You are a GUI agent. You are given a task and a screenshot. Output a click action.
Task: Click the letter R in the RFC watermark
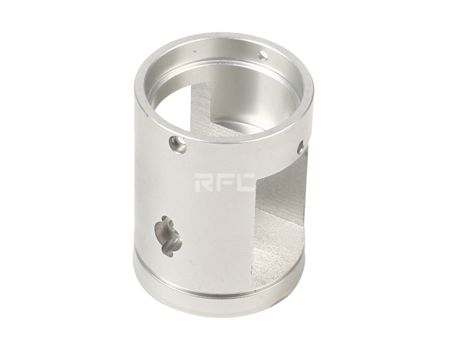203,182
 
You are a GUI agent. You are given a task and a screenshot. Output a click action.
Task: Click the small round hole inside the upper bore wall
263,55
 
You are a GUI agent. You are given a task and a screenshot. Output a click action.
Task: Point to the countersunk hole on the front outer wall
178,143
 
